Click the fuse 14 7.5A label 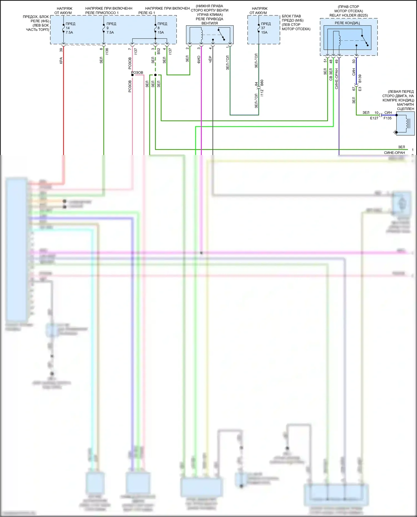tap(69, 28)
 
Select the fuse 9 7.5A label tap(110, 28)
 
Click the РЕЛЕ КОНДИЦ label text tap(347, 23)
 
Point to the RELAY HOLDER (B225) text tap(349, 15)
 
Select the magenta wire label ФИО tap(199, 59)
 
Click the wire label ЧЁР tap(210, 59)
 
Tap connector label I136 tap(107, 51)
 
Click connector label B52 tap(159, 51)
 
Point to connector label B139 tap(360, 78)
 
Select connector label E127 tap(374, 118)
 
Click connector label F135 tap(388, 118)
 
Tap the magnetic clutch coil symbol tap(406, 123)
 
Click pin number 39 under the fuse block tap(61, 50)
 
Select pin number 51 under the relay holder tap(325, 61)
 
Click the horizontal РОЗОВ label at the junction tap(137, 73)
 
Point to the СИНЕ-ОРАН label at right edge tap(394, 153)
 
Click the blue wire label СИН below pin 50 tap(354, 72)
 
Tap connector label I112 tap(262, 93)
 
